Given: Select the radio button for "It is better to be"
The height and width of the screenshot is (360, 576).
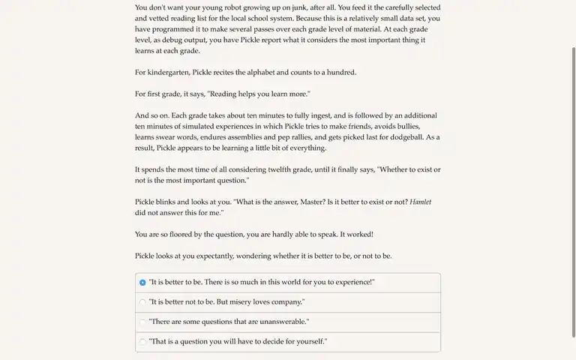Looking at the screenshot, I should (142, 283).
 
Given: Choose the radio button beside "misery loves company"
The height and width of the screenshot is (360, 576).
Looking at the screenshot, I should (142, 302).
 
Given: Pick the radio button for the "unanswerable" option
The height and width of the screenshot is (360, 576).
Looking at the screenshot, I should (142, 322).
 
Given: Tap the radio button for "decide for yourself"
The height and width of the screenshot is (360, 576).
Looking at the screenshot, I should (142, 342).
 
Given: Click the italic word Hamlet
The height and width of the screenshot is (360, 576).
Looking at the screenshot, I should (420, 202).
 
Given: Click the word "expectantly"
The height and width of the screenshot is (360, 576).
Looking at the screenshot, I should (211, 256).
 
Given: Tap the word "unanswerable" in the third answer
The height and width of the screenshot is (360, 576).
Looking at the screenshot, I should (282, 322).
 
